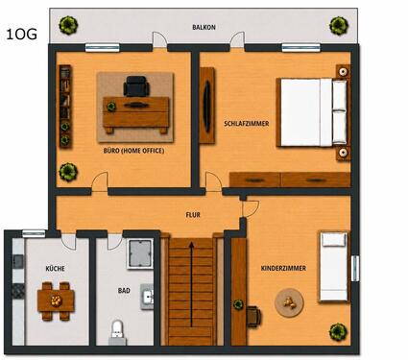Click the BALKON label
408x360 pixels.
(204, 28)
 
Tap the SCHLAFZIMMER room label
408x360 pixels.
(247, 124)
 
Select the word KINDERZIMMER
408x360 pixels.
(283, 268)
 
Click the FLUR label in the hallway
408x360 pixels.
(193, 215)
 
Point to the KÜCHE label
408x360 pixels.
(55, 268)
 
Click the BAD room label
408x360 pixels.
(124, 291)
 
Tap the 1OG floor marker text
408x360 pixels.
(21, 35)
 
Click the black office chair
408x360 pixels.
(136, 85)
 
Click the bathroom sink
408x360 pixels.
(147, 297)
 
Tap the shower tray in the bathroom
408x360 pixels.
(140, 253)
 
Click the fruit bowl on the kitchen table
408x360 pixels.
(56, 300)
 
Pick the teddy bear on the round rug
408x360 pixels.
(290, 302)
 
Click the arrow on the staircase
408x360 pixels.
(191, 284)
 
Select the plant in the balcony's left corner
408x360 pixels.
(68, 25)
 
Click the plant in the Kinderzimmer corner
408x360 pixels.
(338, 332)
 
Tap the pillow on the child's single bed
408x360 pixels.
(334, 240)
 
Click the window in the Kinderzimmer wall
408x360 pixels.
(355, 269)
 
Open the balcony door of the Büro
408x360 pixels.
(159, 40)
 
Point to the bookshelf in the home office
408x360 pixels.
(65, 107)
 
